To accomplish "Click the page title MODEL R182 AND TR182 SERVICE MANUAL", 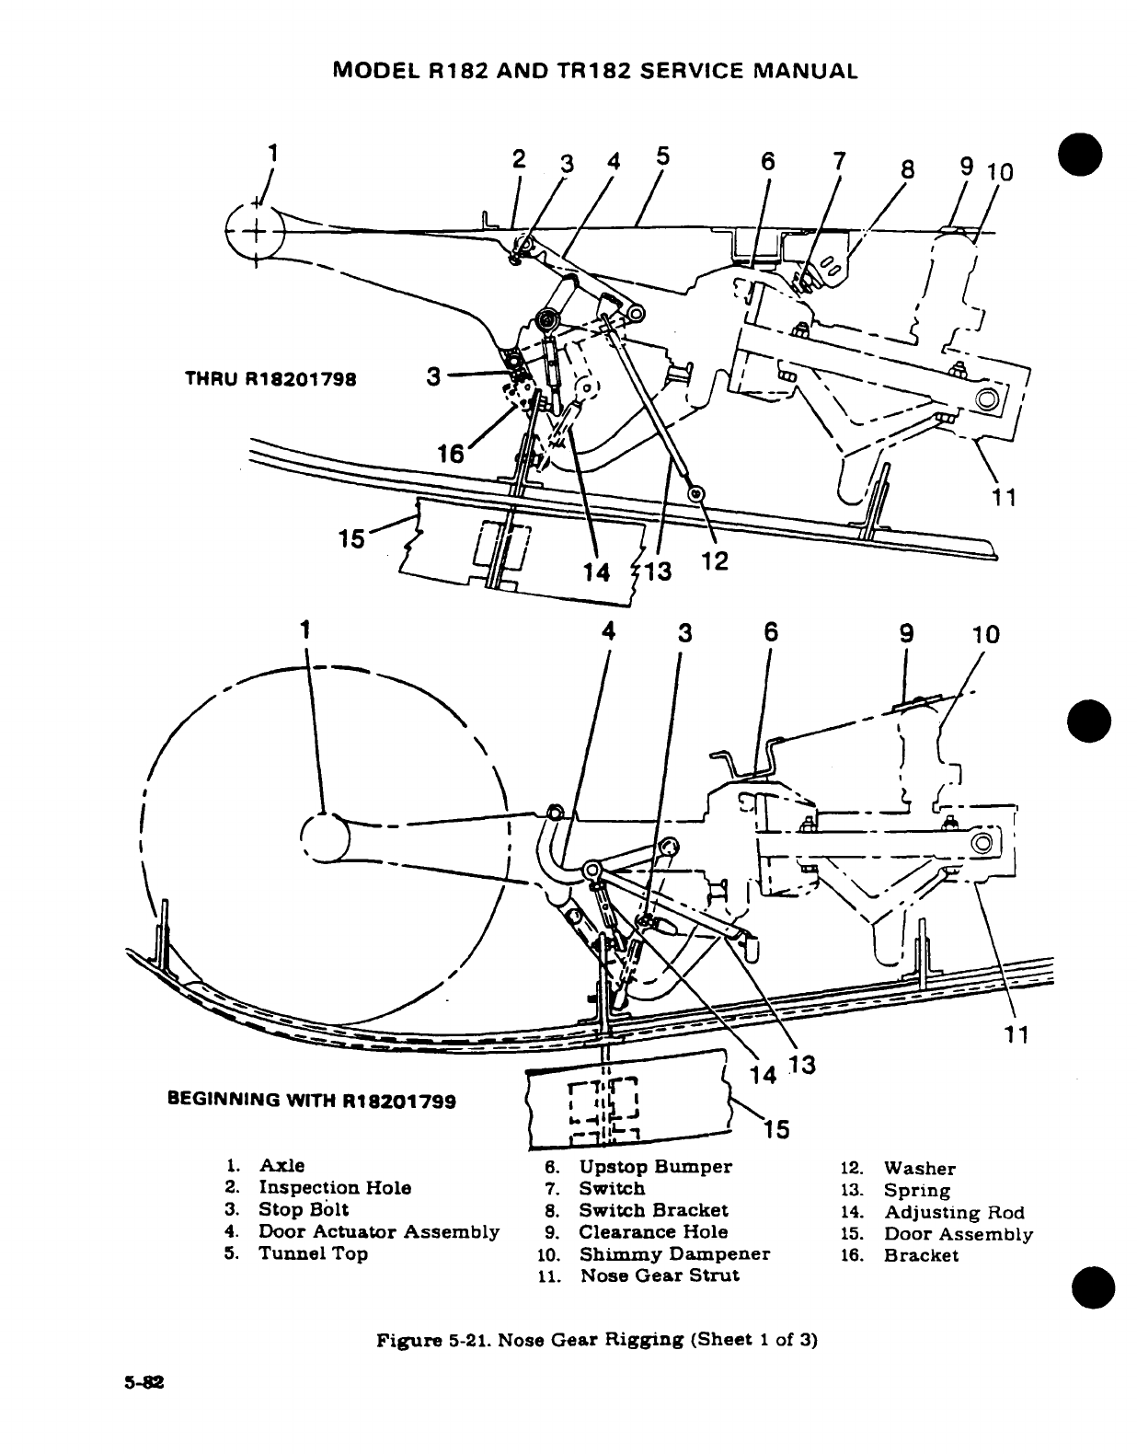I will point(594,71).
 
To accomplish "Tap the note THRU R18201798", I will point(271,377).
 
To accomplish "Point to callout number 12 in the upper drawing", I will point(715,560).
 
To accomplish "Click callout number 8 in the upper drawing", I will point(908,170).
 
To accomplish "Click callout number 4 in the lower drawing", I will point(608,632).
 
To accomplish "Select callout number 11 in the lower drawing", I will point(1016,1034).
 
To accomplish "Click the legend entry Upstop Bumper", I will point(655,1167).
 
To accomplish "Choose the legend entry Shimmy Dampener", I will point(673,1253).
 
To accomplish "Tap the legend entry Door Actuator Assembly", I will point(378,1231).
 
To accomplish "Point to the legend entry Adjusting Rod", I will point(954,1212).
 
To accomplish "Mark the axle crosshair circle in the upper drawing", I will point(255,229).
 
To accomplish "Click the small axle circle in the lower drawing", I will point(324,837).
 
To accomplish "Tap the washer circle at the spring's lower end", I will point(696,494).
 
